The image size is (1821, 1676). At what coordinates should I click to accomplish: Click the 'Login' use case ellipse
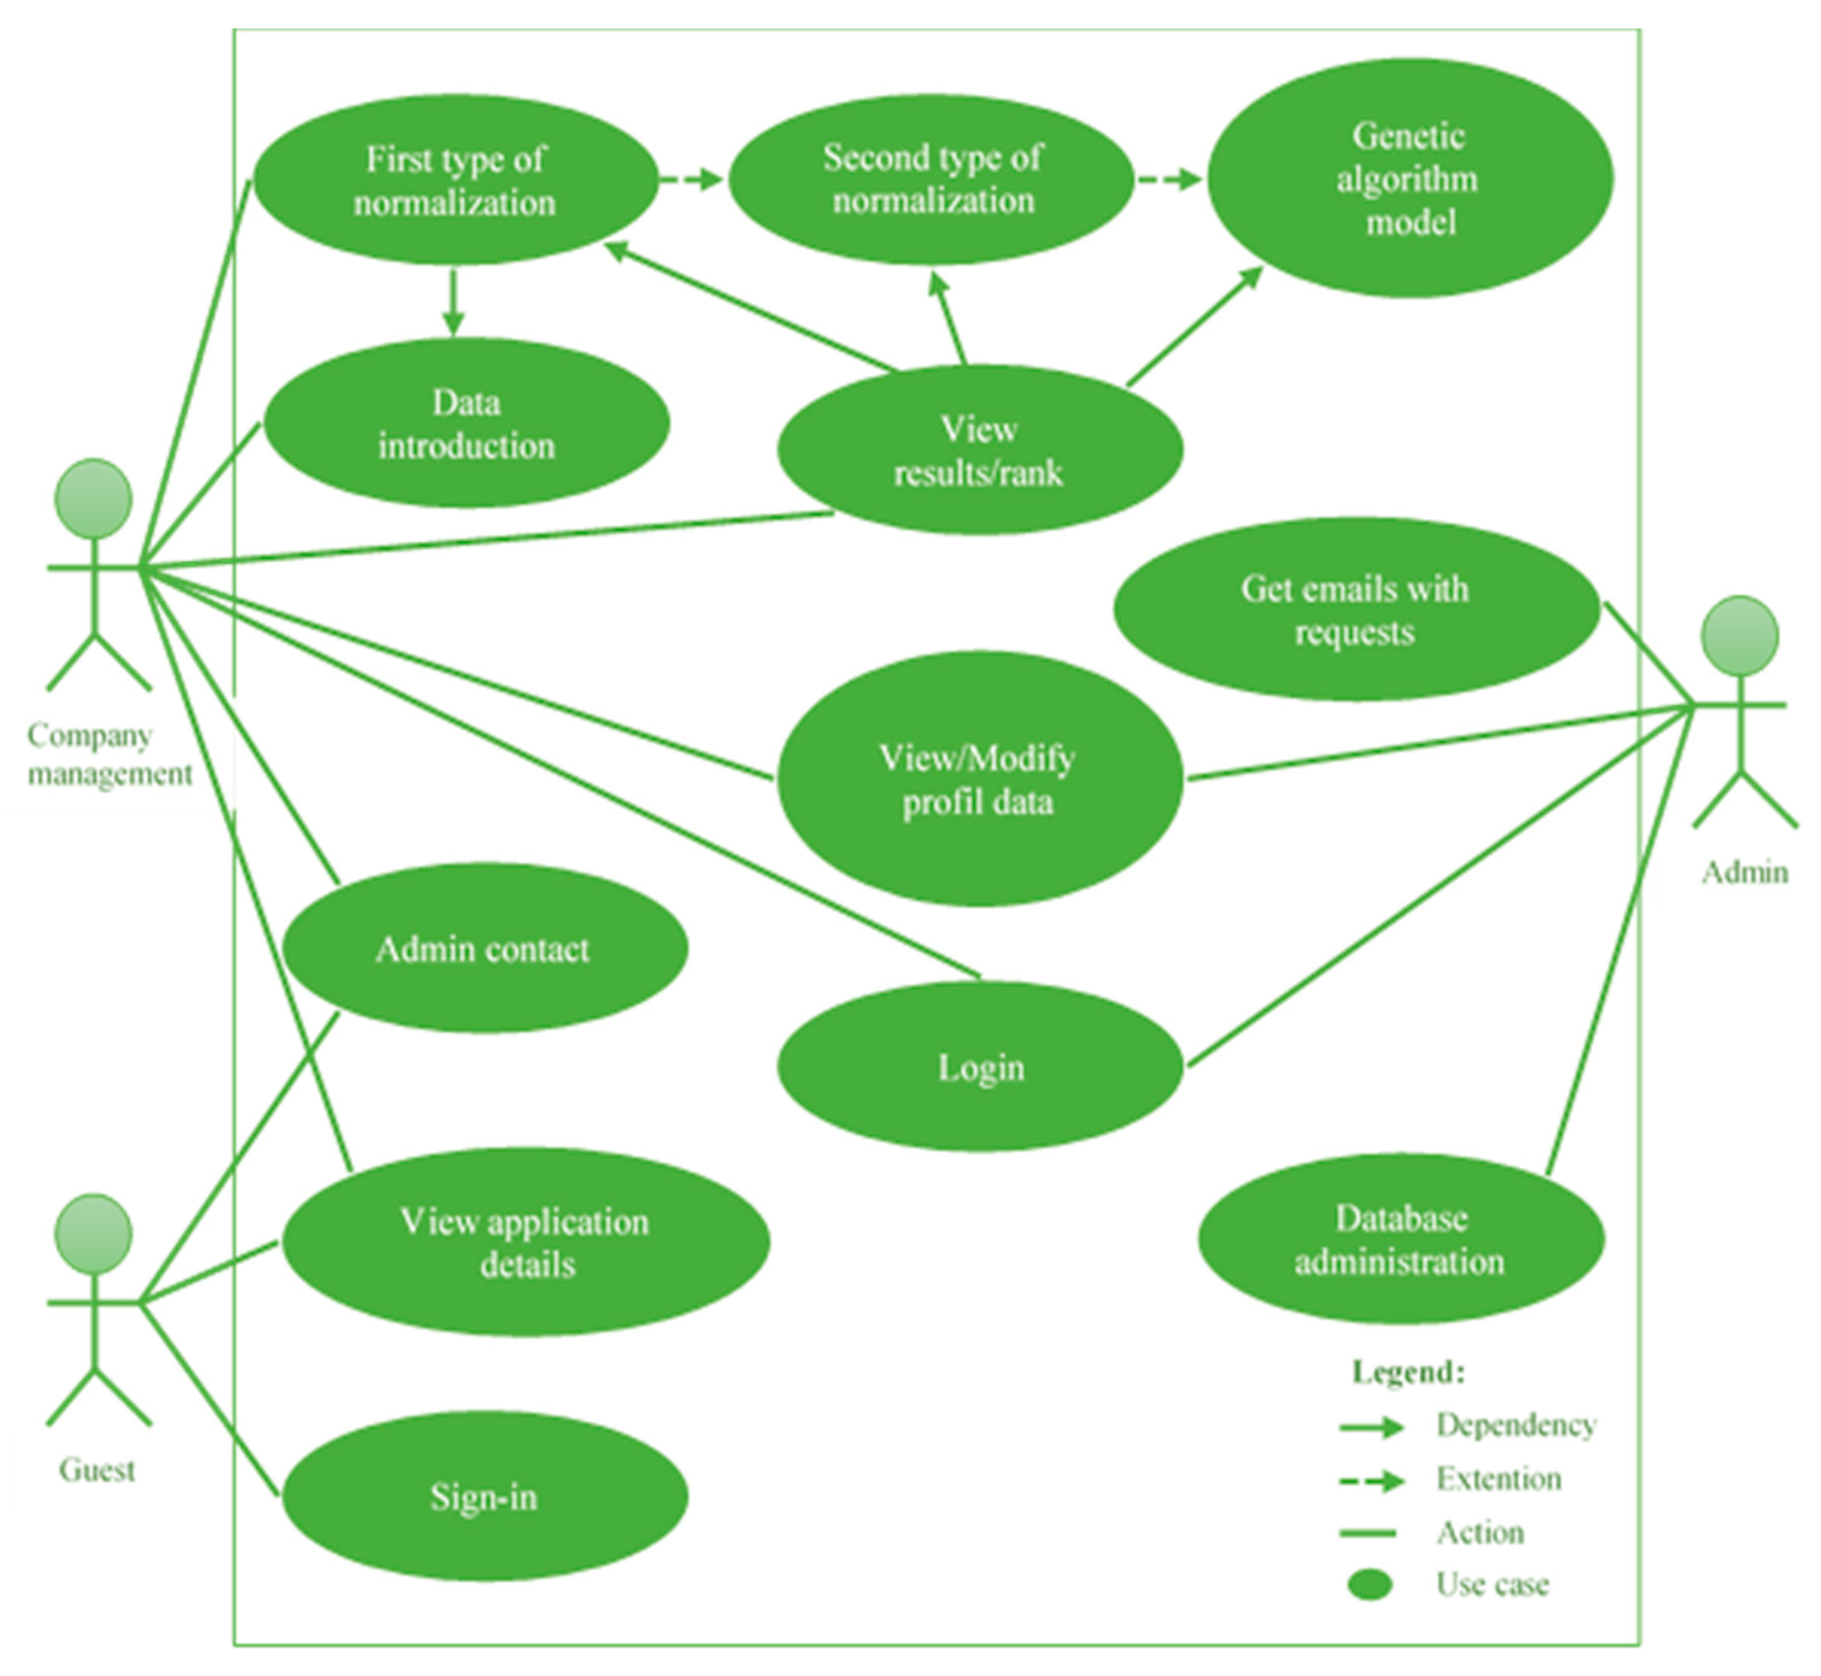[980, 1067]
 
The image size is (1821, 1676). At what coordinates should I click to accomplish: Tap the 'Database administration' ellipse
[1400, 1239]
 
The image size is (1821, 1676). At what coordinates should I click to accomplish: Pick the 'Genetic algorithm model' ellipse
[1410, 179]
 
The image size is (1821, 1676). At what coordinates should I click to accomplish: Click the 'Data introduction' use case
[466, 424]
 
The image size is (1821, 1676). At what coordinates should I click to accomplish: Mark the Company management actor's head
[93, 499]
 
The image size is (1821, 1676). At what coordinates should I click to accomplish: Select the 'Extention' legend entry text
[1498, 1479]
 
